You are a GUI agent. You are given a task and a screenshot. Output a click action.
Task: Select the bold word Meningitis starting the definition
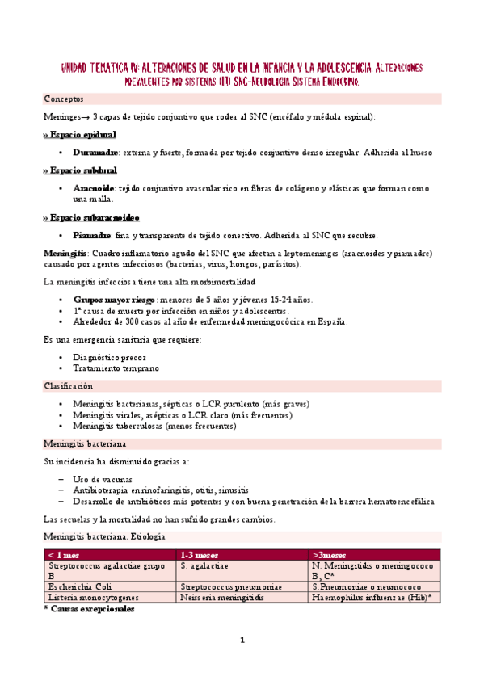(x=64, y=254)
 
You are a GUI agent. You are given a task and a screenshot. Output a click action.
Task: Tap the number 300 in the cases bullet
(x=127, y=321)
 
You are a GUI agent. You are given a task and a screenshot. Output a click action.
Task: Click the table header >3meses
(x=332, y=555)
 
